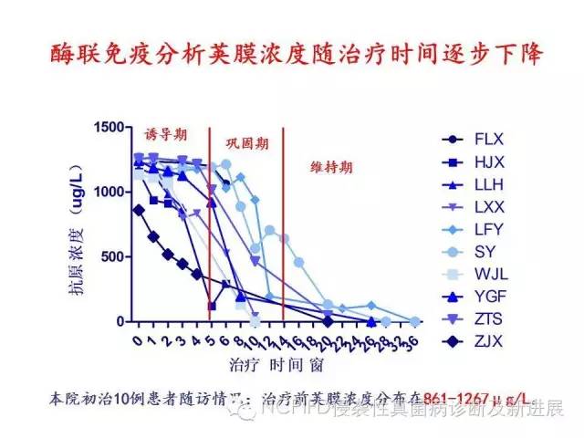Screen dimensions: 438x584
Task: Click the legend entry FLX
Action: (x=488, y=140)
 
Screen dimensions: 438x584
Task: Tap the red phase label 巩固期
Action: (x=247, y=143)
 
